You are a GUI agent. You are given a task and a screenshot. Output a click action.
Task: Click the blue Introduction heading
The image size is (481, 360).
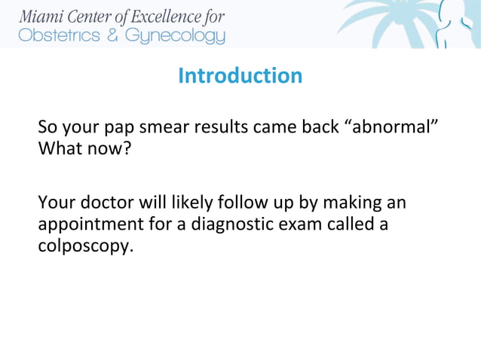[x=240, y=76]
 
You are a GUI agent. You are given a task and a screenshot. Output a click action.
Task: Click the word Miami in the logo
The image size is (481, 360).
[x=42, y=17]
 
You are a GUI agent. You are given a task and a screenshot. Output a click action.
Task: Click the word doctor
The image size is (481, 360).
[x=105, y=203]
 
